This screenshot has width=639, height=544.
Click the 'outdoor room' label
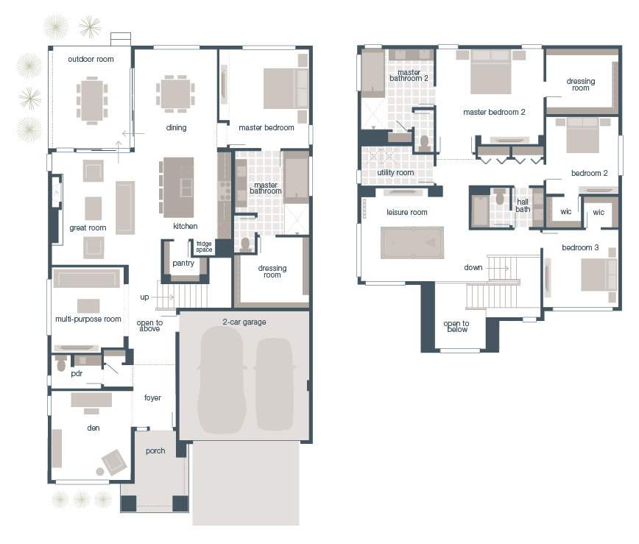(x=91, y=59)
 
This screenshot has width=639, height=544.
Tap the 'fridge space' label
(x=204, y=247)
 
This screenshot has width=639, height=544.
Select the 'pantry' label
(x=183, y=263)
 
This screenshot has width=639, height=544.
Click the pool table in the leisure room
(x=412, y=242)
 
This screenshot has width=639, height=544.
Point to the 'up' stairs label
(x=144, y=297)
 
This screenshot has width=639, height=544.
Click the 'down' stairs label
(x=473, y=267)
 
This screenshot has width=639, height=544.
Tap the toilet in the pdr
(x=61, y=364)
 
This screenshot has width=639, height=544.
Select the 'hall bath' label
(x=523, y=205)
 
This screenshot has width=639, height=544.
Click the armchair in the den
(x=113, y=462)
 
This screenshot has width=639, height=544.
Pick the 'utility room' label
(x=395, y=172)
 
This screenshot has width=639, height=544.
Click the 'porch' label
(x=155, y=451)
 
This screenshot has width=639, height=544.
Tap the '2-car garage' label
(x=244, y=322)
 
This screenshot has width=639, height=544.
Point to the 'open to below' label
(x=456, y=327)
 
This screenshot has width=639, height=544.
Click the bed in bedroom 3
(x=597, y=275)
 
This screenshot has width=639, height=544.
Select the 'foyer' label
(x=152, y=398)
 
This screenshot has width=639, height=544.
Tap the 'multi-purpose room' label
(x=88, y=319)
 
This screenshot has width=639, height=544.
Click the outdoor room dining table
(x=92, y=97)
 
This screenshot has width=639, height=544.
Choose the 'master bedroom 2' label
(x=494, y=113)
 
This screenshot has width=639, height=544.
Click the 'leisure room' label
(x=407, y=212)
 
